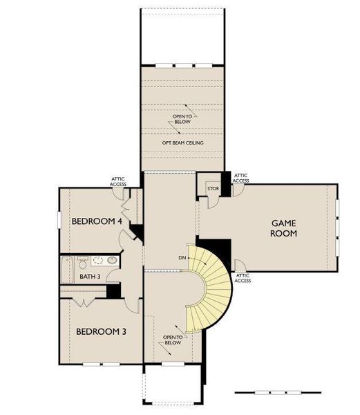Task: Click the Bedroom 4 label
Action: (x=97, y=221)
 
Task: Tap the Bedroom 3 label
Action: (x=101, y=331)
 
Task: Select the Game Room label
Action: (x=283, y=228)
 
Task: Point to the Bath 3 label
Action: (x=90, y=277)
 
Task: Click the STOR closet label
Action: (x=213, y=188)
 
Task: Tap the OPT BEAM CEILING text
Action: (x=182, y=142)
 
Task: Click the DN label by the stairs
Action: (x=182, y=257)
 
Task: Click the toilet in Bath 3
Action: (x=83, y=262)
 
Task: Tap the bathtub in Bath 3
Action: (x=66, y=270)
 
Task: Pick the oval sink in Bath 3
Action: (x=113, y=260)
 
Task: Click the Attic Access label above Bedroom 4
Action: (x=118, y=181)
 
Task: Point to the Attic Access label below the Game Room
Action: (x=243, y=278)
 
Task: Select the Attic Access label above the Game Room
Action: (x=240, y=178)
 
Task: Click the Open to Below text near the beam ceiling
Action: (x=182, y=119)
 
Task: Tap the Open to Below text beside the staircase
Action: (x=173, y=340)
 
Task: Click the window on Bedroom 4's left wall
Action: (x=59, y=219)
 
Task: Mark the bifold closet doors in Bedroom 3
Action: (x=84, y=303)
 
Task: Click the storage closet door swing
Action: (x=214, y=202)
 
